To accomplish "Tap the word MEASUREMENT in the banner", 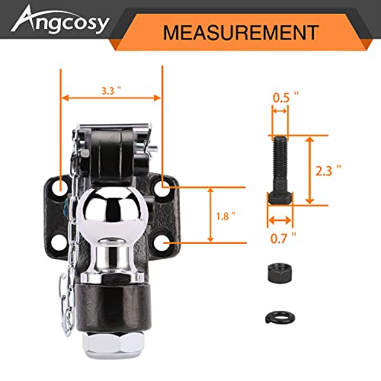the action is [x=241, y=33].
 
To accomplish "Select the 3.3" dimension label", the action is [x=111, y=91].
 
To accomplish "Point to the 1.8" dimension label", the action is [x=226, y=216].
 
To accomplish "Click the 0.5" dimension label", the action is [x=286, y=98].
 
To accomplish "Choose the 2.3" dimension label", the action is [x=328, y=170].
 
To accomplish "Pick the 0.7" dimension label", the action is [x=283, y=238].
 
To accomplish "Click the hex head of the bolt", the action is [x=280, y=198].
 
